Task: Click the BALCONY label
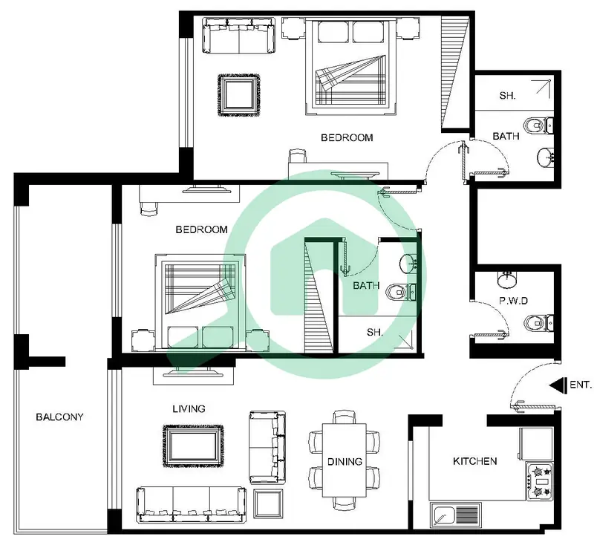(x=59, y=417)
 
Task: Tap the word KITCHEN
(x=475, y=461)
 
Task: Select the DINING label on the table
(x=345, y=462)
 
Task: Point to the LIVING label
(x=189, y=409)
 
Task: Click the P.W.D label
(x=513, y=301)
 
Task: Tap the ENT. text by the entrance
(x=581, y=385)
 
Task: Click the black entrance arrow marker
(x=558, y=385)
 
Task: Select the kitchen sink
(x=456, y=515)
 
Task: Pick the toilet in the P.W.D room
(x=539, y=323)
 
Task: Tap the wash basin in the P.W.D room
(x=506, y=280)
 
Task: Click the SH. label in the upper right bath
(x=507, y=96)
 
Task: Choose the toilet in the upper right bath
(x=538, y=125)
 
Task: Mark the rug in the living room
(x=193, y=446)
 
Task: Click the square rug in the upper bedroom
(x=239, y=95)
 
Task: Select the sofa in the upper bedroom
(x=239, y=36)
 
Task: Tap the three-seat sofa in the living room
(x=192, y=505)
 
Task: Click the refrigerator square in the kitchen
(x=536, y=444)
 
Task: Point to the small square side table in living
(x=269, y=503)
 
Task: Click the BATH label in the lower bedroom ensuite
(x=366, y=285)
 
